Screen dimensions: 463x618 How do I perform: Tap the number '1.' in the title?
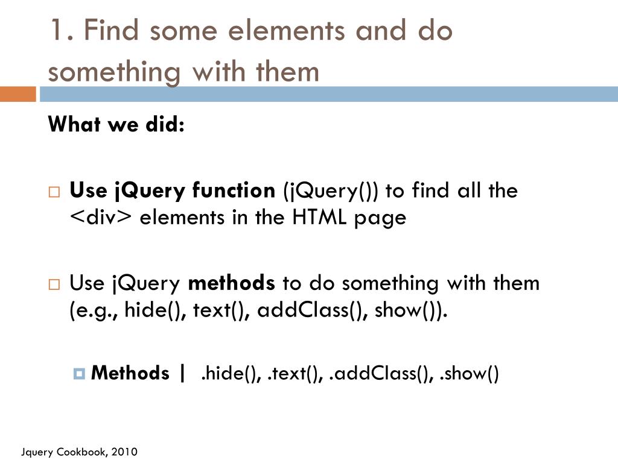click(62, 30)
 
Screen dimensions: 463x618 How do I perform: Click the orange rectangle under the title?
click(18, 94)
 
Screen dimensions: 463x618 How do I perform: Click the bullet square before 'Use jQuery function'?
click(54, 192)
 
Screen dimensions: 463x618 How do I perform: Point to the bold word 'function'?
click(234, 191)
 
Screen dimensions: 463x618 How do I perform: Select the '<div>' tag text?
click(100, 218)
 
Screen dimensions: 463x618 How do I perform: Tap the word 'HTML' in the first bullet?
click(318, 218)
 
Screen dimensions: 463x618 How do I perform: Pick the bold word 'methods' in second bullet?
click(232, 283)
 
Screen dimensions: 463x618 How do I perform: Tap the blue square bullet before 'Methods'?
click(79, 374)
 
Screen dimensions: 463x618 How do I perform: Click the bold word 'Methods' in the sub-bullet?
click(130, 373)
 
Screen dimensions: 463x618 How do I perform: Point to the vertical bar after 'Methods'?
click(182, 373)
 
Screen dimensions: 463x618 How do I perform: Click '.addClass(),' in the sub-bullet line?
click(381, 374)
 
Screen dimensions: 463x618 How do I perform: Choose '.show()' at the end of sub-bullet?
click(470, 374)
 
